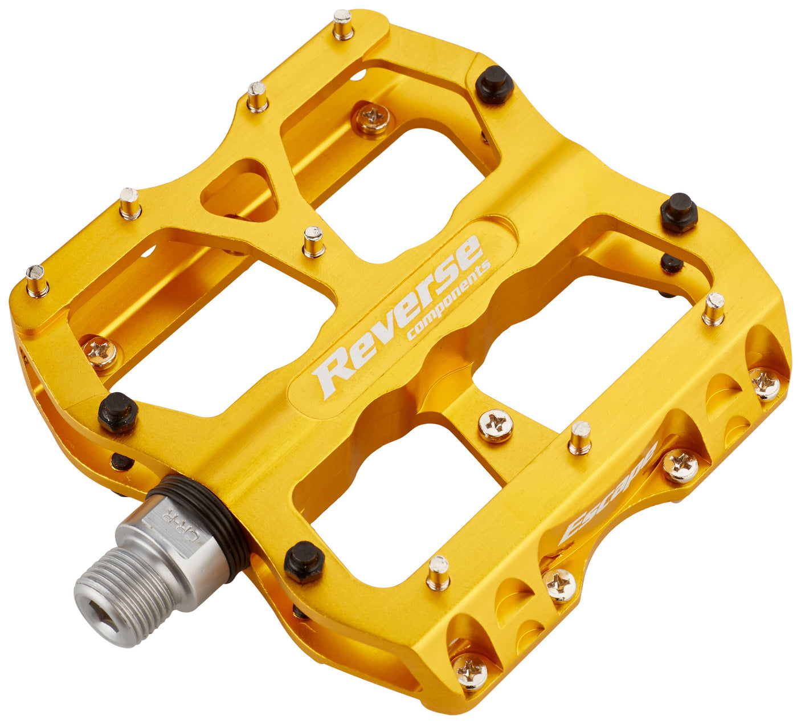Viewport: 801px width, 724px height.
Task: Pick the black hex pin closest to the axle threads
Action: pos(304,561)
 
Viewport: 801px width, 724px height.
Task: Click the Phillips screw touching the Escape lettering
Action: pos(680,465)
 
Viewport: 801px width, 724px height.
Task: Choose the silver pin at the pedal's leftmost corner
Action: pos(36,280)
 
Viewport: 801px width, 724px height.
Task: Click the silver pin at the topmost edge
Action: pos(343,24)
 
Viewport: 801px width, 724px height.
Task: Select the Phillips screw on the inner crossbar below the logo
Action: pos(495,425)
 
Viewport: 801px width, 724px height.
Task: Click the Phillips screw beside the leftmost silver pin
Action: pos(100,352)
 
